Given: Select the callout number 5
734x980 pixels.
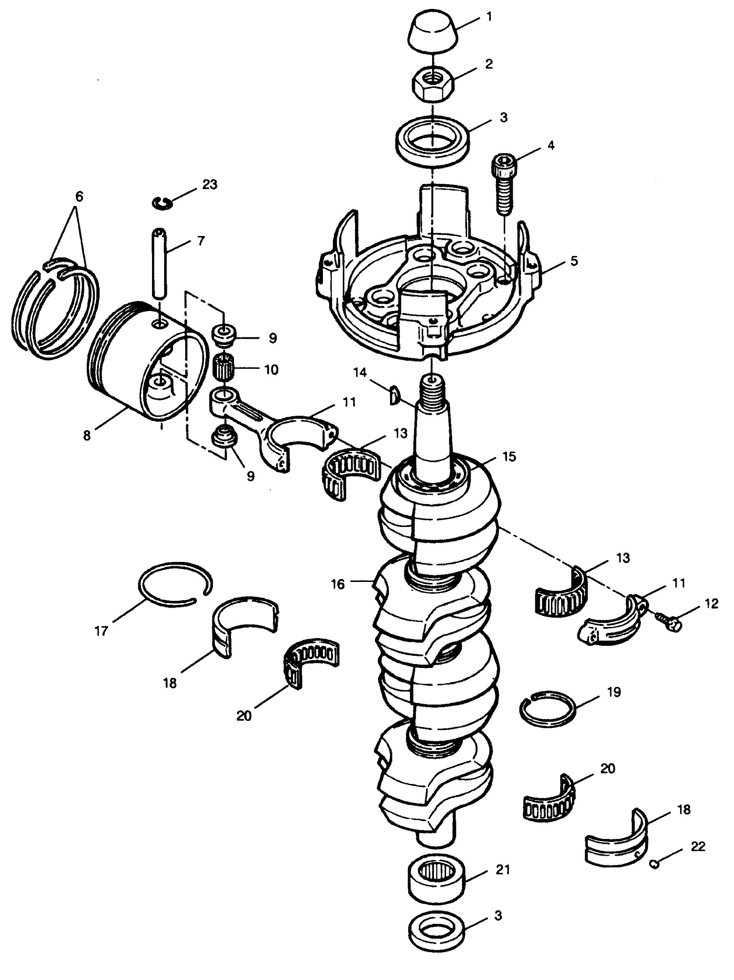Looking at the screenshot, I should (x=573, y=261).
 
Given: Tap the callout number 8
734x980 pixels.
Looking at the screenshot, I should (x=87, y=435).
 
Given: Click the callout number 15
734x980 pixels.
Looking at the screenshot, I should (x=509, y=456).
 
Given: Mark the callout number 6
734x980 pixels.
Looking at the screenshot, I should (x=79, y=197).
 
